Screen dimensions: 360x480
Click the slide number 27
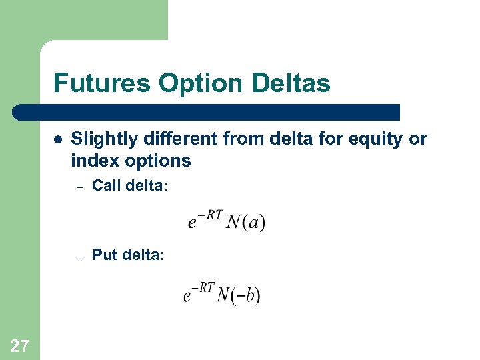click(19, 345)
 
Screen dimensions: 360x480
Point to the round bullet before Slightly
click(58, 140)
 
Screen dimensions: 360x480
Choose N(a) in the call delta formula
click(245, 223)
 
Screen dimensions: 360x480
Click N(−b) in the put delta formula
click(238, 295)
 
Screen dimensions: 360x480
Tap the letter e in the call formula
click(192, 224)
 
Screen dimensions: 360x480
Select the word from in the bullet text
click(239, 139)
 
